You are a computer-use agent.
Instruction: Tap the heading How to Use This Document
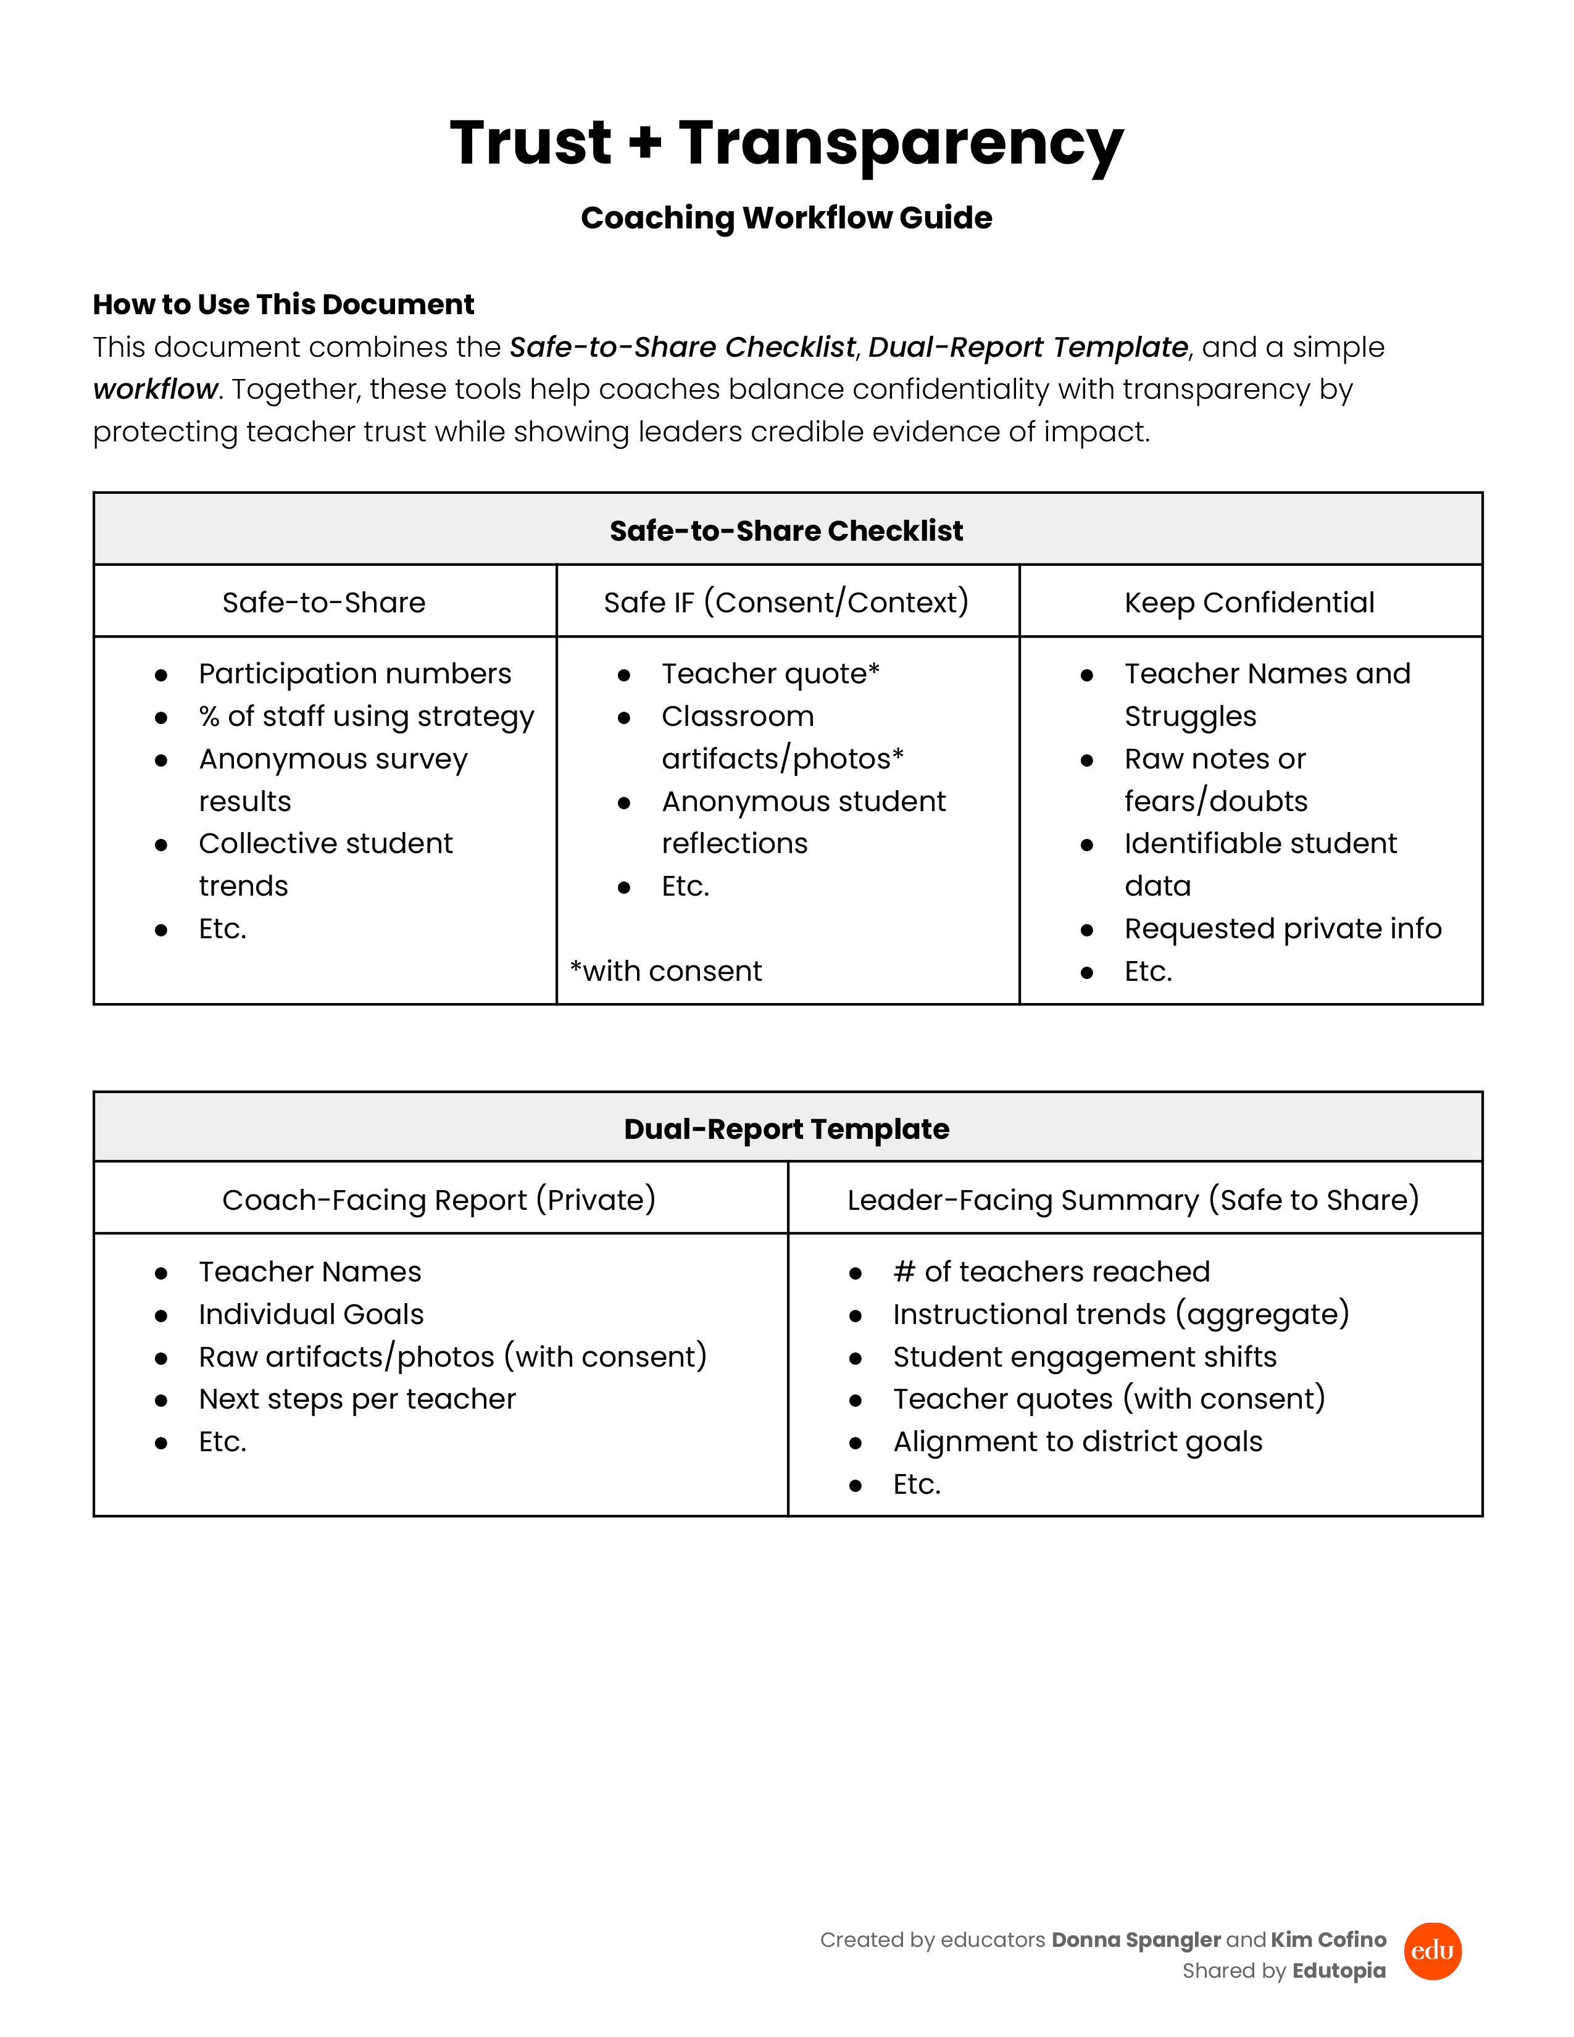point(283,304)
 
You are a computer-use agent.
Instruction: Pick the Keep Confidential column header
point(1249,602)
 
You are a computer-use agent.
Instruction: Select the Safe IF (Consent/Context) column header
point(786,602)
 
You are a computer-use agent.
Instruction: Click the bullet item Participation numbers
point(354,673)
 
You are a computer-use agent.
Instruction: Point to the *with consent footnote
point(666,971)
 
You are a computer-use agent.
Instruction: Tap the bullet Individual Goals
point(310,1314)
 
